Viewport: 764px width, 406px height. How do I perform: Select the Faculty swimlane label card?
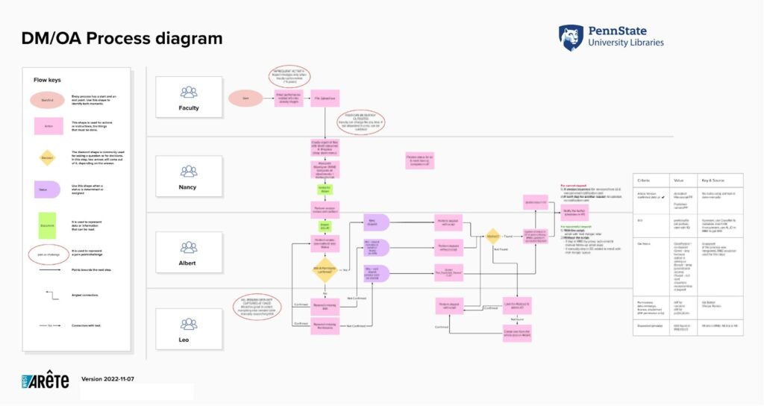pos(189,97)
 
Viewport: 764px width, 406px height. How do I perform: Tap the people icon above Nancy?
pos(189,169)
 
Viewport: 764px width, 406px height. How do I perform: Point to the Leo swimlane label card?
pos(189,329)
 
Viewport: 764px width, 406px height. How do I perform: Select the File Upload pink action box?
pos(325,98)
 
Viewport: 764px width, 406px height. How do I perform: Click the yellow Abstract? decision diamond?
pos(492,237)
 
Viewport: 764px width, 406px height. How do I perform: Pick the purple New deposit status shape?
pos(375,222)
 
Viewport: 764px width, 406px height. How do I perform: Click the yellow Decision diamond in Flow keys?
pos(48,157)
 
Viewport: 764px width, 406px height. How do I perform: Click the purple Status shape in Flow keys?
pos(48,190)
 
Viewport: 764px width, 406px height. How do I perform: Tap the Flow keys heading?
pos(46,80)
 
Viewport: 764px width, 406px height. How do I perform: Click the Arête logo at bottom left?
pos(46,381)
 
